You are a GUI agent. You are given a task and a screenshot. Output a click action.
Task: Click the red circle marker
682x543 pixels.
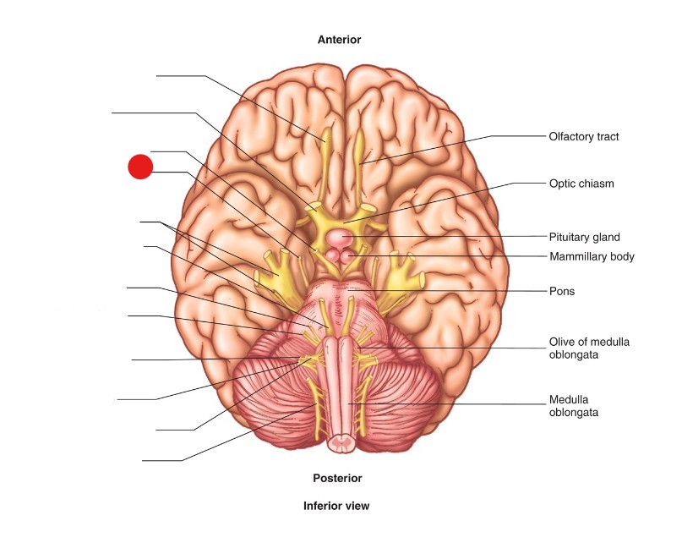[140, 167]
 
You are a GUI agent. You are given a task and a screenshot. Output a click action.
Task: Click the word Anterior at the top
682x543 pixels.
[339, 40]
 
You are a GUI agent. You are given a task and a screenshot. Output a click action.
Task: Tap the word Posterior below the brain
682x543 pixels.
[337, 478]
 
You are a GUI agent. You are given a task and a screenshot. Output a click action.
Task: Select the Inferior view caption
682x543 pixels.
[336, 506]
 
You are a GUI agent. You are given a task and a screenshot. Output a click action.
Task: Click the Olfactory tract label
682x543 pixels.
[584, 136]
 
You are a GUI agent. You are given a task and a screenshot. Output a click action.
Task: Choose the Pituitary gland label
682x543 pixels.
[585, 237]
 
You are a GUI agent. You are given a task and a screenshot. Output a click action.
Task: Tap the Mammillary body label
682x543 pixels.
[591, 256]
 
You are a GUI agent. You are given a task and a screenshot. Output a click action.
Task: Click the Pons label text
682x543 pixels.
[561, 291]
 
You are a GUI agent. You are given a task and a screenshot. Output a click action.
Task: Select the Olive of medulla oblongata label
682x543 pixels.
[589, 348]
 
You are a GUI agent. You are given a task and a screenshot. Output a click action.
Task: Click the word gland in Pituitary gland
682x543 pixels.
[606, 237]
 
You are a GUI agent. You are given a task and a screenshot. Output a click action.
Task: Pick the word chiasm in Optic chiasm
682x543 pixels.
[597, 183]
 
